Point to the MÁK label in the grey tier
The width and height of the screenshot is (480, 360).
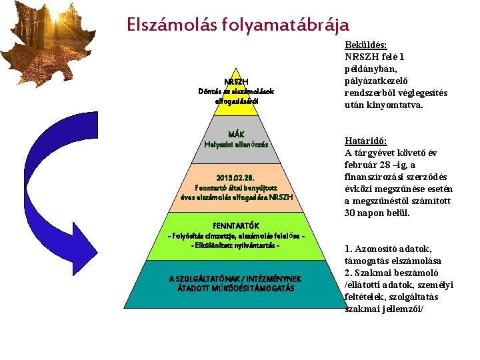[x=236, y=134]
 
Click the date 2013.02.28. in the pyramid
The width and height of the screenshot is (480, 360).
[x=236, y=177]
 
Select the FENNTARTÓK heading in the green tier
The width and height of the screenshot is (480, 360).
[x=236, y=225]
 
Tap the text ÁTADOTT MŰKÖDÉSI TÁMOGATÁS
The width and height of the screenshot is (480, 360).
[x=236, y=288]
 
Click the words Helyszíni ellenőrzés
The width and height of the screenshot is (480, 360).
[x=236, y=144]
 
